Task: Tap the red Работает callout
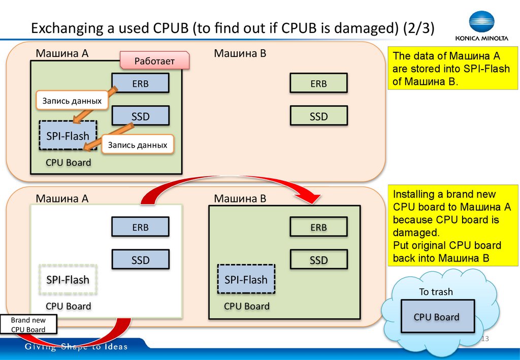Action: [154, 60]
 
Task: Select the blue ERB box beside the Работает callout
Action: [140, 83]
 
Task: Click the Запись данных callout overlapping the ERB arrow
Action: [72, 101]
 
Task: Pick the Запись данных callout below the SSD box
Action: [138, 145]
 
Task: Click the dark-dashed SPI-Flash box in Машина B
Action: [246, 279]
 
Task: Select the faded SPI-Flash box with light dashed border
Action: [68, 280]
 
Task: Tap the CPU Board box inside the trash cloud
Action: [436, 317]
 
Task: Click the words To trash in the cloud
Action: [436, 292]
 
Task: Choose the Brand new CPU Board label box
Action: [28, 325]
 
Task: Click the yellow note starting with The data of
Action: [451, 69]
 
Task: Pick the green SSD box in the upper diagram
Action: [318, 116]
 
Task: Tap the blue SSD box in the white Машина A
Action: [140, 260]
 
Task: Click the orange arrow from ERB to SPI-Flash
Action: [95, 105]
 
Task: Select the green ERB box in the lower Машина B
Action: [318, 227]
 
